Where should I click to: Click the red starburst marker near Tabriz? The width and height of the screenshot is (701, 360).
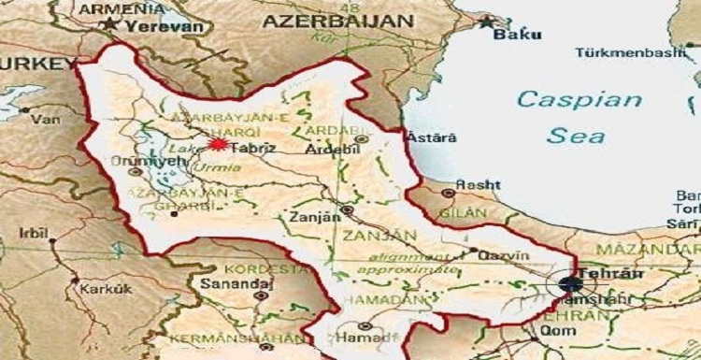pos(218,145)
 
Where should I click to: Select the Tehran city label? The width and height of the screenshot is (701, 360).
pos(598,272)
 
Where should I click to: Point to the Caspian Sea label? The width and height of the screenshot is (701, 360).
pos(579,117)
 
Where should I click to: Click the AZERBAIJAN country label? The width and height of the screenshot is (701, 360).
pos(337,20)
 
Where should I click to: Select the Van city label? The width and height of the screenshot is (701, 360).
pos(43,120)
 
